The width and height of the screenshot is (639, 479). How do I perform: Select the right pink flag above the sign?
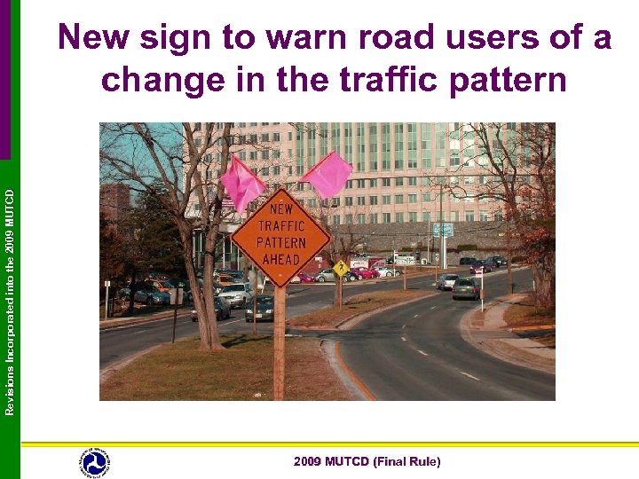(x=327, y=174)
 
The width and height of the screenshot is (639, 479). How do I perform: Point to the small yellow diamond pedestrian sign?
(x=341, y=268)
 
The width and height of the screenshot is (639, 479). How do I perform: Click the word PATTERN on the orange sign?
(x=282, y=242)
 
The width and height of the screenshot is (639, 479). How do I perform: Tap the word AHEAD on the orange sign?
(x=281, y=258)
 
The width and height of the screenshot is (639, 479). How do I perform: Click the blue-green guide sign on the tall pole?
(x=442, y=230)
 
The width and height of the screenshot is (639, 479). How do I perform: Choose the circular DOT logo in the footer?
(x=94, y=462)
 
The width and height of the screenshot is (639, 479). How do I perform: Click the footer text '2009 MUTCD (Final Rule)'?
(x=367, y=461)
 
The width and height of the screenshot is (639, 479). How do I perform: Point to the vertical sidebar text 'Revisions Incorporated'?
(x=10, y=355)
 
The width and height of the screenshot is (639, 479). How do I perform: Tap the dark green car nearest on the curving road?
(x=465, y=288)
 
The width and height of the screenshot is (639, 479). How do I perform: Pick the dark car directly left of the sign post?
(x=260, y=308)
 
